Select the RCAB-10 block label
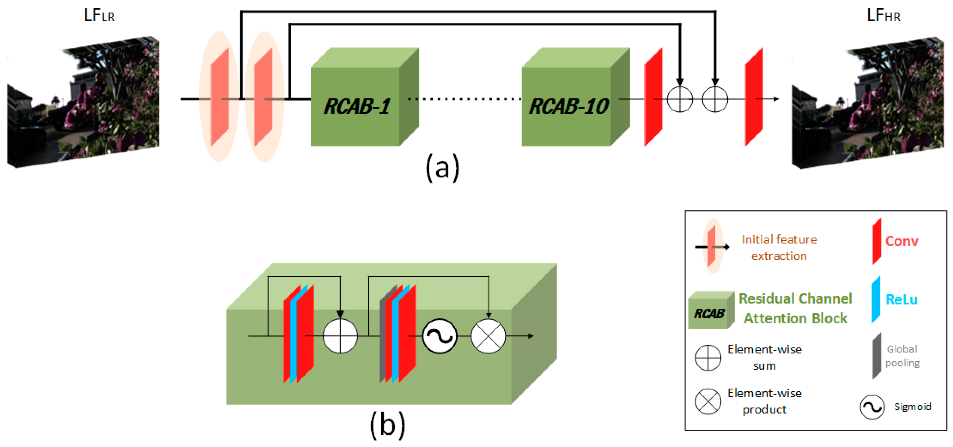click(x=569, y=106)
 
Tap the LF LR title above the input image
click(x=99, y=16)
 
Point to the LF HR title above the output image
click(x=883, y=16)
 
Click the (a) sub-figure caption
click(x=442, y=168)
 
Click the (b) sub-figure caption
click(x=387, y=425)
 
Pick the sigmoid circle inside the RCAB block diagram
click(x=440, y=336)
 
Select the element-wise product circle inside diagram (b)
click(x=488, y=336)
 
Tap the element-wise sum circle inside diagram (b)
click(x=340, y=336)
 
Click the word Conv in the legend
click(x=902, y=241)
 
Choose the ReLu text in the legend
click(x=902, y=299)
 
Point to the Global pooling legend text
click(x=902, y=356)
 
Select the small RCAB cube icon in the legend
click(x=711, y=310)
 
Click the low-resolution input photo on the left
click(x=83, y=102)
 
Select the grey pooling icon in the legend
click(x=877, y=356)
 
